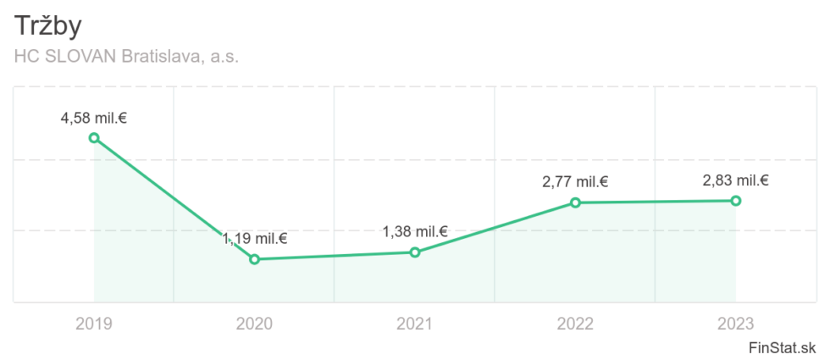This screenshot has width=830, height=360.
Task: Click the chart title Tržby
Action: (48, 26)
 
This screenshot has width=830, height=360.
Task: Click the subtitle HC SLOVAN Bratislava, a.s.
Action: (127, 57)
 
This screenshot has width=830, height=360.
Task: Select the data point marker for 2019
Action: (94, 137)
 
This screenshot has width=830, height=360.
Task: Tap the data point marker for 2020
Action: (254, 259)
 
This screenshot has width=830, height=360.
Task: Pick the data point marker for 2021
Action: (415, 252)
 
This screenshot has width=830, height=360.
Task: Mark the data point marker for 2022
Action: (575, 202)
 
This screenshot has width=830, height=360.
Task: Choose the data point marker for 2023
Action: (736, 201)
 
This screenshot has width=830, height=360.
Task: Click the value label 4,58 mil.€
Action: (93, 116)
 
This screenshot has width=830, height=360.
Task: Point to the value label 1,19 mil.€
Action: (255, 238)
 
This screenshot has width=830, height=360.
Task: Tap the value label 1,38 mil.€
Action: (415, 231)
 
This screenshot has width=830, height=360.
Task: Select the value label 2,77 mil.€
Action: (575, 181)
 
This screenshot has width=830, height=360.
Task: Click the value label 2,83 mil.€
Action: (735, 180)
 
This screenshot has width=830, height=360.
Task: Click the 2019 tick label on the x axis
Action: (93, 323)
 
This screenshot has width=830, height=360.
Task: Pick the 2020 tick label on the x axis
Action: (254, 323)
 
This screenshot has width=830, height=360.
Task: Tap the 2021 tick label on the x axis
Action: (415, 323)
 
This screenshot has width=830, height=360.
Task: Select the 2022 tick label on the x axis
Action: (575, 323)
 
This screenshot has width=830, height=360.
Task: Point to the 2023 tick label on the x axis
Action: (735, 323)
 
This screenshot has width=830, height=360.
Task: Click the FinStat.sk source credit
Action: (783, 347)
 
